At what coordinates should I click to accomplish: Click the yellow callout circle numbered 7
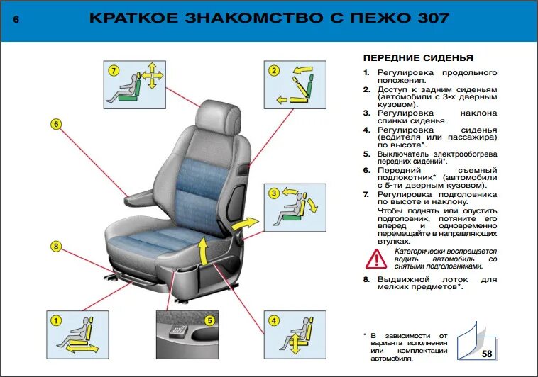pos(112,70)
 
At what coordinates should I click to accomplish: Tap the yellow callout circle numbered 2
pos(273,69)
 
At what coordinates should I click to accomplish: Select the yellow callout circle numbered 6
pos(56,125)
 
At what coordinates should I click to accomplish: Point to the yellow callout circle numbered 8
pos(56,247)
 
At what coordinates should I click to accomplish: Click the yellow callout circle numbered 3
pos(273,193)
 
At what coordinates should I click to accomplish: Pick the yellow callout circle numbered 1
pos(53,320)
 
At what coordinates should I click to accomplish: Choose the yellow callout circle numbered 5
pos(209,320)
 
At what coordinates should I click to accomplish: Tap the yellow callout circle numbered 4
pos(273,320)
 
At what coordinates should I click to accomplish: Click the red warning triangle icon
pos(376,259)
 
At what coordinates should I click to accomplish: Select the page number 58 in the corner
pos(487,354)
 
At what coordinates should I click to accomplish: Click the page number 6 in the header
pos(16,20)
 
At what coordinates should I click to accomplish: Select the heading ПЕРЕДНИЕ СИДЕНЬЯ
pos(417,57)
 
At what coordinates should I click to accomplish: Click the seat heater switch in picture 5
pos(177,331)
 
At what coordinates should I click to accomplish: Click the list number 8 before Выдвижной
pos(366,280)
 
